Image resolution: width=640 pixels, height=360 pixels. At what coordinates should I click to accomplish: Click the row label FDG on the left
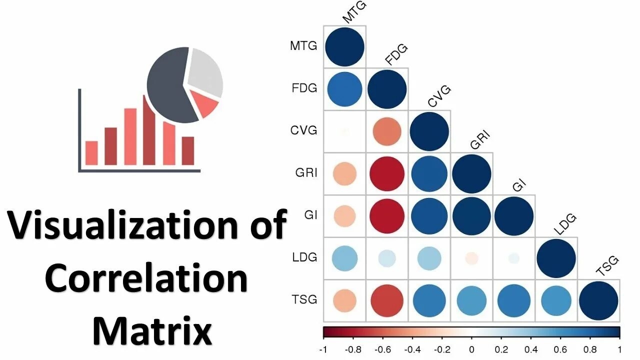coord(304,88)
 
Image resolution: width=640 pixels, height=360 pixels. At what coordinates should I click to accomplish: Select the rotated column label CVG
coord(440,96)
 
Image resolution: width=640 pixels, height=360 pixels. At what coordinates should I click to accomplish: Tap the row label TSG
coord(304,300)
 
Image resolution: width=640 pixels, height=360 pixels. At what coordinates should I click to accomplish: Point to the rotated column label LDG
coord(566,224)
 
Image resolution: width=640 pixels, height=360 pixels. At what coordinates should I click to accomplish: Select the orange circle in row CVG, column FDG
coord(386,131)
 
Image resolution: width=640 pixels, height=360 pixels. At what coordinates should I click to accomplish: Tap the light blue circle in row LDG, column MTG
coord(344,258)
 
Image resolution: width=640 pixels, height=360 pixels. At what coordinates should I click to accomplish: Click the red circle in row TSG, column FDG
coord(386,300)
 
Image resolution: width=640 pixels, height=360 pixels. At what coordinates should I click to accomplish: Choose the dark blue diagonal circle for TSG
coord(598,300)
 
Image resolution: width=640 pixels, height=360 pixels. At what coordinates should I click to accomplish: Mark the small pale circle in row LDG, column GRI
coord(471,258)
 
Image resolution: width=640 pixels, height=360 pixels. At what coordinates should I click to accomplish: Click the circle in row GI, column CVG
coord(429,216)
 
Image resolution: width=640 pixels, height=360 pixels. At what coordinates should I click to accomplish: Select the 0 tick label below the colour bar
coord(471,349)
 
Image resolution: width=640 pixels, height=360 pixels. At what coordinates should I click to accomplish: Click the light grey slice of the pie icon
coord(205,70)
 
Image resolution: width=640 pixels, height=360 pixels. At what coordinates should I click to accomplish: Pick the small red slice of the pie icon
coord(205,104)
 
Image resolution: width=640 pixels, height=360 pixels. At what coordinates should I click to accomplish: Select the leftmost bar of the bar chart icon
coord(91,152)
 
